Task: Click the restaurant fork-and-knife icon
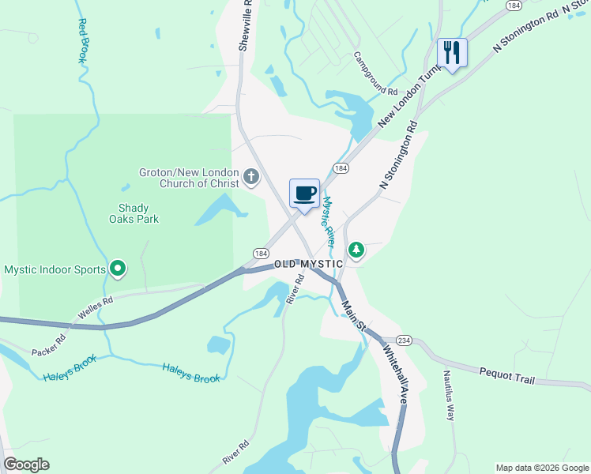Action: pyautogui.click(x=452, y=53)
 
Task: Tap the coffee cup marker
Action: pyautogui.click(x=304, y=194)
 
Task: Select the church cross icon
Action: pyautogui.click(x=251, y=176)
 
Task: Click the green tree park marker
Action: pyautogui.click(x=357, y=250)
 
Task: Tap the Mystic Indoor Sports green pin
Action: pyautogui.click(x=118, y=269)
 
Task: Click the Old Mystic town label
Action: pyautogui.click(x=309, y=264)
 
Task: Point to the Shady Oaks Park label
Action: pyautogui.click(x=134, y=213)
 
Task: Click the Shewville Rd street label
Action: pyautogui.click(x=247, y=25)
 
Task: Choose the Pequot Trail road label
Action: pyautogui.click(x=507, y=375)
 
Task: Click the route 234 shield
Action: pyautogui.click(x=404, y=340)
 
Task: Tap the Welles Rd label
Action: pyautogui.click(x=95, y=310)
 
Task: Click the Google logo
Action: pyautogui.click(x=26, y=465)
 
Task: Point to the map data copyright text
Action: pyautogui.click(x=542, y=468)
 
